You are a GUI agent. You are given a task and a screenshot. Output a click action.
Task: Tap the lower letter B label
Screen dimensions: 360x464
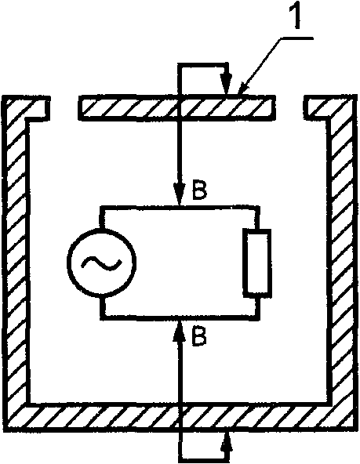pos(199,335)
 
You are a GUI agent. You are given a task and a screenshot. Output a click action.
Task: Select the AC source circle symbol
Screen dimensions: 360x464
pos(102,263)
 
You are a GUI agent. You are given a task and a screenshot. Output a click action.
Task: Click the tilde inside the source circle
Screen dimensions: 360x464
pos(102,263)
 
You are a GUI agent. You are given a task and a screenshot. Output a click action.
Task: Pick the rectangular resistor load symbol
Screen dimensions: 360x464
pos(257,263)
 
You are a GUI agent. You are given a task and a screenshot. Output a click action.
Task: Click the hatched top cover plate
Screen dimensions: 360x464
pos(176,107)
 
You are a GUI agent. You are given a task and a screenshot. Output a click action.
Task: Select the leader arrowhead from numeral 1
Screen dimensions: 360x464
pos(243,88)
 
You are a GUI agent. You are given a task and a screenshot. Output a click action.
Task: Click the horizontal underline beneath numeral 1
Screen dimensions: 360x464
pos(296,38)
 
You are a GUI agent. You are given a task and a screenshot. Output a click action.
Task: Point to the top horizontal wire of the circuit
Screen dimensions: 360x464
pos(180,207)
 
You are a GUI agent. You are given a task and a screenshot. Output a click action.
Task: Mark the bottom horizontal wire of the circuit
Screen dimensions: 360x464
pos(180,317)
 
